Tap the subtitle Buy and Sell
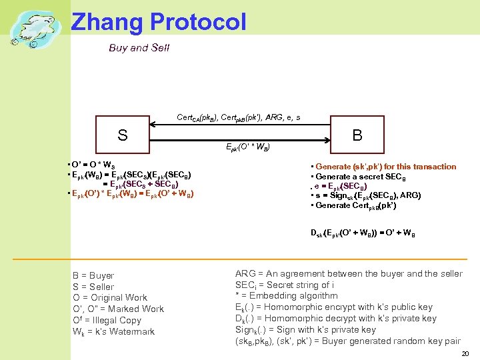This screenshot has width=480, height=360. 139,47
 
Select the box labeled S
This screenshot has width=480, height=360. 122,136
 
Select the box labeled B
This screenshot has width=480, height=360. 357,136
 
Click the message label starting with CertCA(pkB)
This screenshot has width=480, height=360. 238,118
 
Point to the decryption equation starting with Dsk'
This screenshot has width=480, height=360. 363,233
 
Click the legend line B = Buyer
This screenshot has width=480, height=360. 93,275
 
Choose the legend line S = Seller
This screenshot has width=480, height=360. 93,287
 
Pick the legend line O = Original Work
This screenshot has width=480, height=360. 109,297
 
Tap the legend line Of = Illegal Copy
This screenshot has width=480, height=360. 107,320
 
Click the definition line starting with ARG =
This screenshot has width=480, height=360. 348,273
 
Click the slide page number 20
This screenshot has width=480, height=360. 465,353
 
